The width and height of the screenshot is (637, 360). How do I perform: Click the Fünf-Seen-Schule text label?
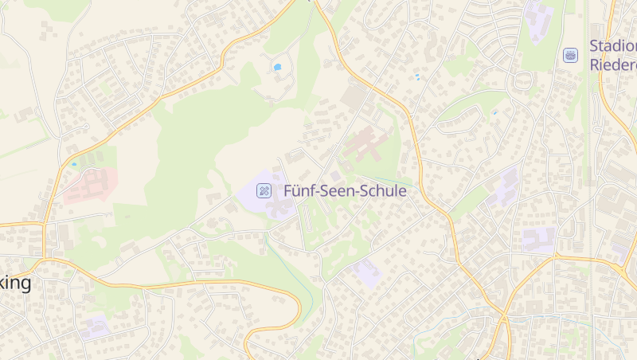[345, 191]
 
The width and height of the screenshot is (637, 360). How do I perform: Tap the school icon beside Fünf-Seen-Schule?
[264, 190]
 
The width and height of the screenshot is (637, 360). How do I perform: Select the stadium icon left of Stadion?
[570, 55]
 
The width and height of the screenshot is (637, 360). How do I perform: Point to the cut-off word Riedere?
[613, 65]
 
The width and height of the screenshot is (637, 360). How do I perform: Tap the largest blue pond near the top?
[277, 68]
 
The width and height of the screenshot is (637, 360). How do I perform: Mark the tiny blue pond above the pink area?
[74, 164]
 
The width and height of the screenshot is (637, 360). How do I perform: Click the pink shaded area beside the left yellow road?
[89, 186]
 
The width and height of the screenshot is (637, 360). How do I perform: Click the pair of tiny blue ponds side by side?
[416, 77]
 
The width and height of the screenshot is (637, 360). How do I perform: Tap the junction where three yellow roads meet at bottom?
[503, 316]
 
